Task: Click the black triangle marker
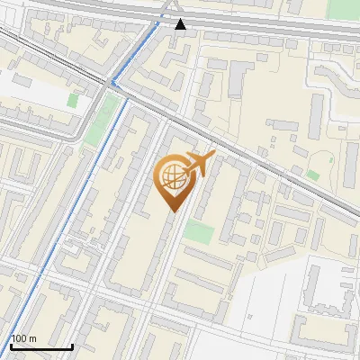click(x=181, y=24)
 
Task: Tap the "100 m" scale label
click(x=23, y=338)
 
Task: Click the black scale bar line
click(x=41, y=346)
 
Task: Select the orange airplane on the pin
click(x=198, y=165)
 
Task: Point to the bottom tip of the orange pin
click(x=172, y=210)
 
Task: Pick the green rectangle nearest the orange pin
click(x=199, y=231)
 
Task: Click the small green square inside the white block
click(x=313, y=175)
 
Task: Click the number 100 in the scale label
click(x=19, y=338)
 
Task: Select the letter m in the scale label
click(x=32, y=339)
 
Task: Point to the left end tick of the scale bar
click(x=11, y=345)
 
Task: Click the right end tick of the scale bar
click(x=72, y=345)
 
